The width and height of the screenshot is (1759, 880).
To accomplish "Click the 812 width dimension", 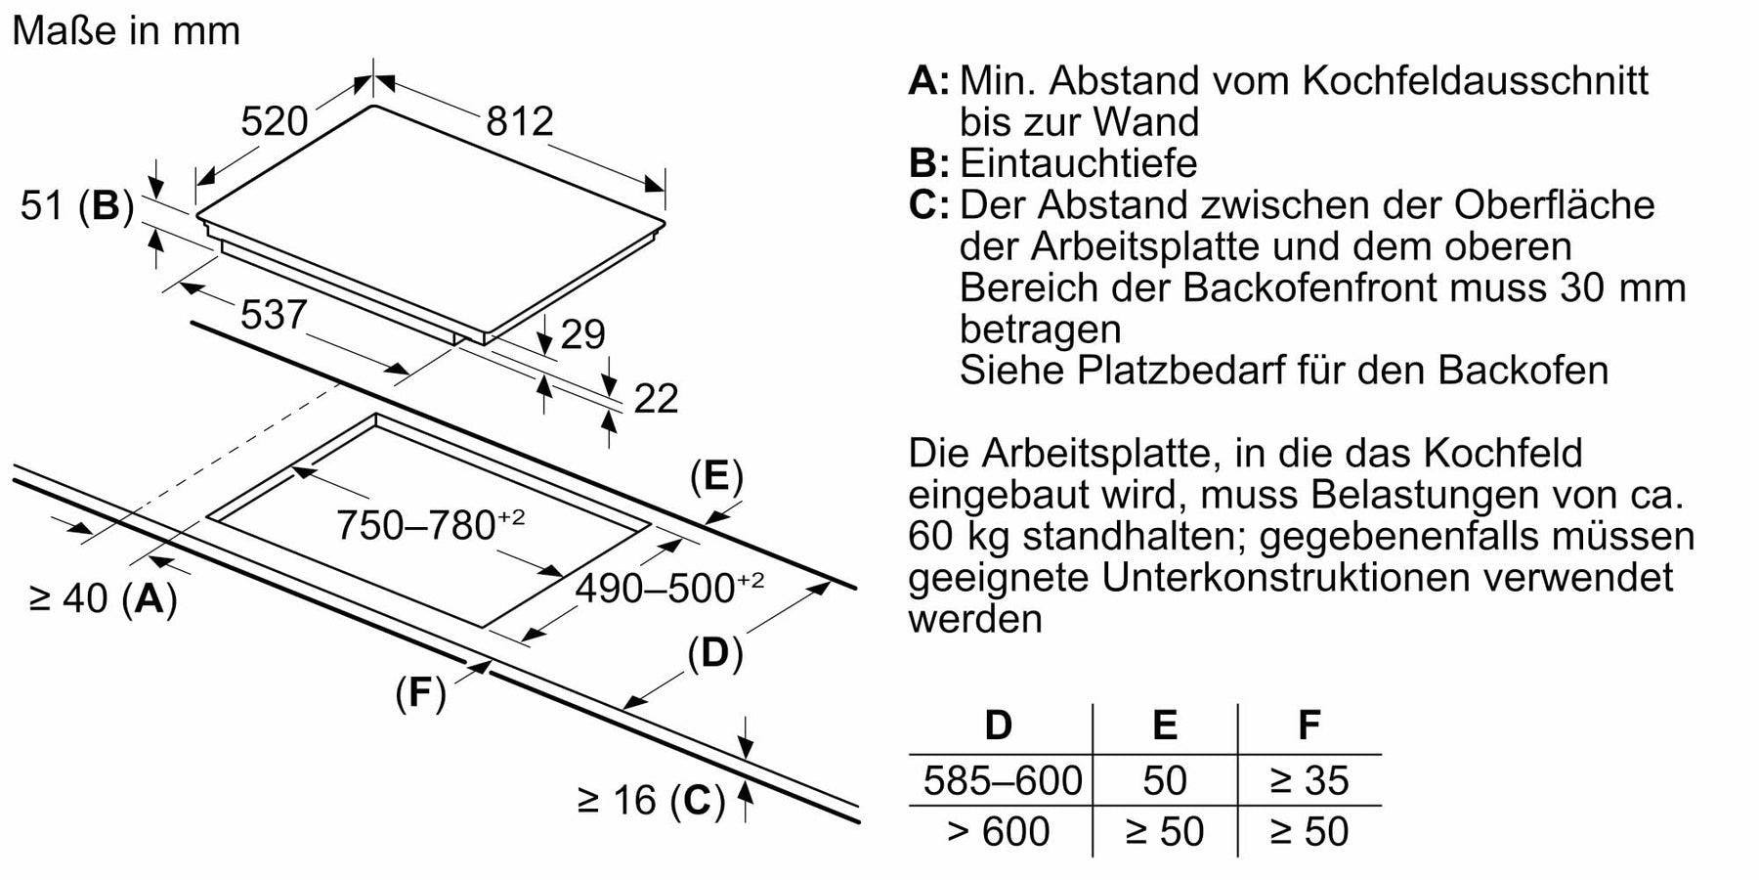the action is tap(520, 121).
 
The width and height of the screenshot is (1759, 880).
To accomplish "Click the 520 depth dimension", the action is tap(275, 121).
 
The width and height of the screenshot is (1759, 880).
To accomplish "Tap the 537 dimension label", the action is tap(274, 315).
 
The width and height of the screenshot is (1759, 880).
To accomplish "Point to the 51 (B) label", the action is tap(77, 206).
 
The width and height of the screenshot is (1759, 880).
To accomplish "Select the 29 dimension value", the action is tap(583, 334).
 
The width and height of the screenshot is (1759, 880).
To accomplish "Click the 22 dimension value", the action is tap(656, 399).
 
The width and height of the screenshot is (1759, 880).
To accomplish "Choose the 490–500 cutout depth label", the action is tap(669, 586).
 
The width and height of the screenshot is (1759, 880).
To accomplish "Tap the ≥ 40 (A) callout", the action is tap(104, 598).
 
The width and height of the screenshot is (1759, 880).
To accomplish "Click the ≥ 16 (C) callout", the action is tap(652, 801).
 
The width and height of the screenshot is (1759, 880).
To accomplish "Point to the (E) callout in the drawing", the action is tap(716, 477).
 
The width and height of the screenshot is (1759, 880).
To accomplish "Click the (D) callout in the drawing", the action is tap(715, 653).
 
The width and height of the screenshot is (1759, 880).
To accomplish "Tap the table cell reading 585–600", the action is tap(1003, 780).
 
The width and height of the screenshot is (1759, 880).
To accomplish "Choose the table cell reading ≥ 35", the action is tap(1309, 780).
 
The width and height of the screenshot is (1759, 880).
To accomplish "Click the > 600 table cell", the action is tap(999, 831).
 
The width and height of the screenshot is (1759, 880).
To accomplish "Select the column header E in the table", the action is tap(1165, 726).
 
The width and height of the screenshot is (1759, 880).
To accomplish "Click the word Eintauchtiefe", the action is tap(1079, 163).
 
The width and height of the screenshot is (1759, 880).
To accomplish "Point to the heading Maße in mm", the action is tap(126, 31).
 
